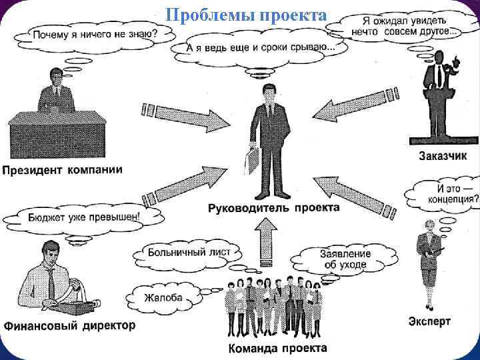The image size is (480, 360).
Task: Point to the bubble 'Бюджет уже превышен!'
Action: pyautogui.click(x=84, y=216)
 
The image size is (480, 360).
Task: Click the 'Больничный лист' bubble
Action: pyautogui.click(x=189, y=253)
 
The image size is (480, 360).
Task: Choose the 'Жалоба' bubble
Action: pyautogui.click(x=163, y=297)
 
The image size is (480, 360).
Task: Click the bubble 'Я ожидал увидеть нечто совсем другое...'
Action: pyautogui.click(x=406, y=25)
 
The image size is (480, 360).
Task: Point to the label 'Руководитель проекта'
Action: pyautogui.click(x=273, y=208)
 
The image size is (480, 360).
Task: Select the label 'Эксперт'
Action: pyautogui.click(x=429, y=321)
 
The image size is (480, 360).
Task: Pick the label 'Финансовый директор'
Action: pyautogui.click(x=69, y=326)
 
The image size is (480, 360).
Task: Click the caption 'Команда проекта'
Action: pyautogui.click(x=277, y=348)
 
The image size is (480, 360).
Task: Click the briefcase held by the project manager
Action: pyautogui.click(x=254, y=158)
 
